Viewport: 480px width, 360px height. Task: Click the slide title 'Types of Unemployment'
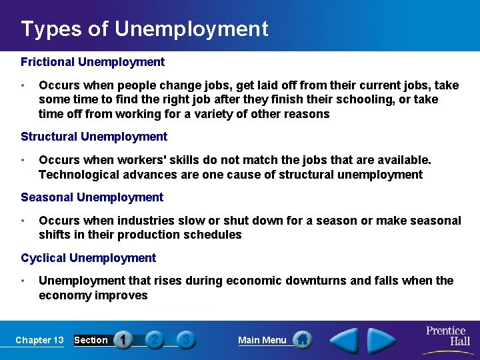click(x=145, y=29)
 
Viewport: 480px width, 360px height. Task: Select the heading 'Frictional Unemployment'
click(x=93, y=62)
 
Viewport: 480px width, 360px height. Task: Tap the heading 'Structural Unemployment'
click(x=94, y=137)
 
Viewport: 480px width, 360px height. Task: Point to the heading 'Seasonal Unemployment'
click(x=92, y=197)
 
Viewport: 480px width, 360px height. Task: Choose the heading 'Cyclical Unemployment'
click(x=89, y=258)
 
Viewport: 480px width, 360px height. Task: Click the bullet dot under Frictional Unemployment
click(x=23, y=85)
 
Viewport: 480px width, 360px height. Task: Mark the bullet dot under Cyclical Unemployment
click(x=23, y=281)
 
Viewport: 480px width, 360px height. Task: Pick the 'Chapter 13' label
click(x=39, y=340)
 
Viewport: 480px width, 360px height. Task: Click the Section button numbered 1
click(x=124, y=340)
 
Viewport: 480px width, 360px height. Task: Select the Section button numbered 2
click(x=155, y=340)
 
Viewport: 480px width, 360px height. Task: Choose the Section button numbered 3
click(x=186, y=340)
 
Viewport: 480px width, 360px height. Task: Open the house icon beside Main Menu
click(x=303, y=340)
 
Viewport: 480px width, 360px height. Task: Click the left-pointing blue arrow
click(x=345, y=341)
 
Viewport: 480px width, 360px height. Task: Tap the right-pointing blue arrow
click(x=381, y=341)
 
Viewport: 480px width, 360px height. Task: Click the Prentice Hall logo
click(x=445, y=337)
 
